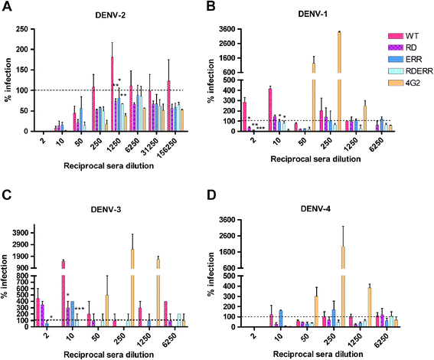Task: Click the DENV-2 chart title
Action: (110, 15)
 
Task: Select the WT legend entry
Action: (403, 36)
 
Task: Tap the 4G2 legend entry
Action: (404, 83)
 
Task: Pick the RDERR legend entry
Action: (410, 71)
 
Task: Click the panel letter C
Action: (7, 195)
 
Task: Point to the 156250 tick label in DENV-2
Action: (167, 148)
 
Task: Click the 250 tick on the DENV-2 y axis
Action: (22, 29)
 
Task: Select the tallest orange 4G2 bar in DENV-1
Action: (339, 81)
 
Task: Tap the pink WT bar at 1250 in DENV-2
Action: (113, 94)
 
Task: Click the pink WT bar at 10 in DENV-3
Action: (63, 294)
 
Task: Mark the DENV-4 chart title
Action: (315, 208)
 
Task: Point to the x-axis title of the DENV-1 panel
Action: (315, 159)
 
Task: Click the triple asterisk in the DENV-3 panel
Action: (80, 309)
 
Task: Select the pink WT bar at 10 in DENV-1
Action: (270, 110)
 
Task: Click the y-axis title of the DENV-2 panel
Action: (8, 80)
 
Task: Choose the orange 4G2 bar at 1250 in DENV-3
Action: (158, 293)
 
